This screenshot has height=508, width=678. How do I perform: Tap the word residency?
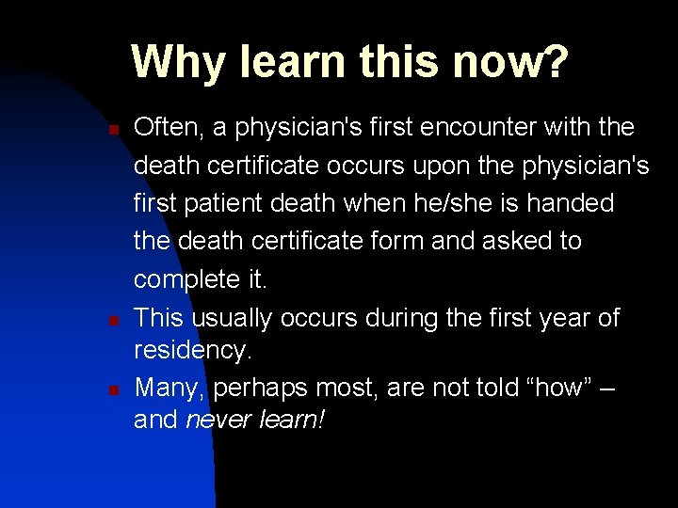pos(192,350)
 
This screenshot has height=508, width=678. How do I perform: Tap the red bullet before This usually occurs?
pos(111,320)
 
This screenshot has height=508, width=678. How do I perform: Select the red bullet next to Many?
pos(111,389)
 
